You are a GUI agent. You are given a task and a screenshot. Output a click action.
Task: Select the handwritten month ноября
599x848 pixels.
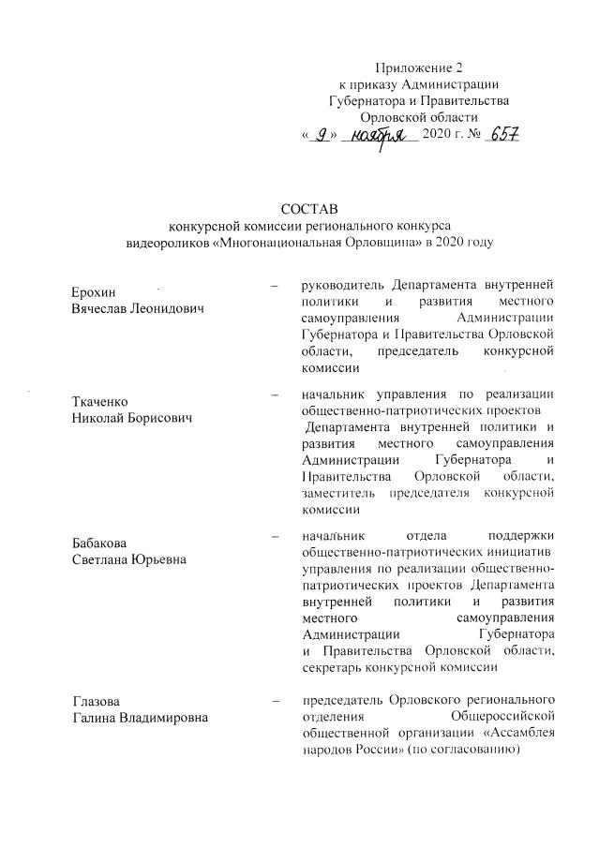point(379,138)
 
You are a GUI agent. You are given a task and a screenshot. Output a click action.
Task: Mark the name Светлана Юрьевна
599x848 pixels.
point(129,559)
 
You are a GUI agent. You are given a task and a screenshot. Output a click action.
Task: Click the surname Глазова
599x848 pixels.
point(98,701)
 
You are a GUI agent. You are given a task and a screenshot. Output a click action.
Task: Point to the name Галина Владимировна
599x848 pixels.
point(141,718)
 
